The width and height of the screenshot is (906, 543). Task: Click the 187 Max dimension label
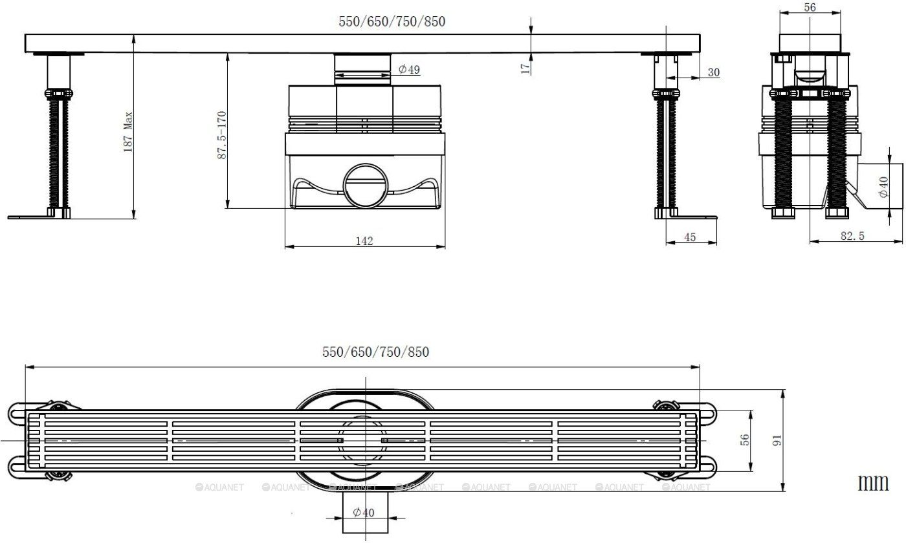point(128,131)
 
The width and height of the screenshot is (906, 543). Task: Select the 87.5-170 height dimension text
point(221,135)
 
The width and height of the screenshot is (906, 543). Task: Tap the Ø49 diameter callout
point(409,69)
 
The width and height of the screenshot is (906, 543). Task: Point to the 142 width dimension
point(364,240)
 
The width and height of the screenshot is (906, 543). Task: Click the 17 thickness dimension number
point(525,65)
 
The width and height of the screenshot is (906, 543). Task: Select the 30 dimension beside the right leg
point(713,72)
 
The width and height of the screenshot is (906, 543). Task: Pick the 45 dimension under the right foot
point(690,237)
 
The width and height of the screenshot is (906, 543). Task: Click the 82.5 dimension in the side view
point(852,236)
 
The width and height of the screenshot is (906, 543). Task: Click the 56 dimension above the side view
point(810,7)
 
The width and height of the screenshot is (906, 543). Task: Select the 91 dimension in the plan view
point(778,440)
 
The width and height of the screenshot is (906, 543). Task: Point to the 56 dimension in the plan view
point(745,440)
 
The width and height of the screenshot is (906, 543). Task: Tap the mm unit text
point(874,482)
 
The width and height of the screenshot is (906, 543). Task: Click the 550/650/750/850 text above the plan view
point(375,352)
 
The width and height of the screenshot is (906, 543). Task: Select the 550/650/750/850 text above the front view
point(392,21)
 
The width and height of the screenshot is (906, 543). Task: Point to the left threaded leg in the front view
point(56,152)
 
